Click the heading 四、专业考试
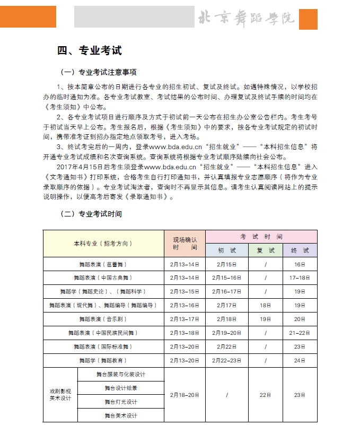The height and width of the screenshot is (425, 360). (x=90, y=51)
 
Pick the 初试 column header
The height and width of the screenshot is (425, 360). (x=226, y=250)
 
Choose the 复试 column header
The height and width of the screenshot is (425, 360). (x=266, y=250)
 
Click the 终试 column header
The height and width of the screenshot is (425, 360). (x=300, y=250)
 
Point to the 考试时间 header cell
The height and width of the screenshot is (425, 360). (x=261, y=237)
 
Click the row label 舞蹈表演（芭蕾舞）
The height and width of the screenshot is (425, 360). (x=103, y=264)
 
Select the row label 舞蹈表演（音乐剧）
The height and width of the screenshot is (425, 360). (x=103, y=319)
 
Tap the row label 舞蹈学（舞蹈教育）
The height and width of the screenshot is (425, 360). (x=103, y=361)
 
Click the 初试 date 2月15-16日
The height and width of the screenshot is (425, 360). (x=226, y=278)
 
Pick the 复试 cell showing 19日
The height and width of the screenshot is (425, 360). (x=266, y=319)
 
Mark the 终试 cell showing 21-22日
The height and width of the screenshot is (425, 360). (x=300, y=333)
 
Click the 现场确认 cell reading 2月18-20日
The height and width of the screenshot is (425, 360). (x=185, y=395)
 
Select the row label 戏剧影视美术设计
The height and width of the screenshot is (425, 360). (x=60, y=395)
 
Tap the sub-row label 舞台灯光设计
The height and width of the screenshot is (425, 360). (x=121, y=402)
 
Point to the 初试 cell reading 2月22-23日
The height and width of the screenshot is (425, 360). (x=226, y=361)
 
